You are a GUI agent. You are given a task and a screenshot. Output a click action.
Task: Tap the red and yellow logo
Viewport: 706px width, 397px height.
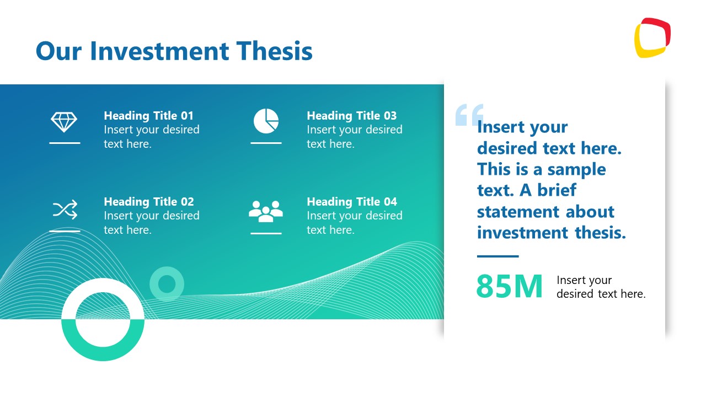click(652, 38)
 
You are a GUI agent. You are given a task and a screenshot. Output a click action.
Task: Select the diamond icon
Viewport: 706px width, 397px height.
click(65, 122)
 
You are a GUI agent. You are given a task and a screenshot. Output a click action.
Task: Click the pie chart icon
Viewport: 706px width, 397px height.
click(266, 121)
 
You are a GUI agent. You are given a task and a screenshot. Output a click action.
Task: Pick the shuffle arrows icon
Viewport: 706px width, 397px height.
click(65, 210)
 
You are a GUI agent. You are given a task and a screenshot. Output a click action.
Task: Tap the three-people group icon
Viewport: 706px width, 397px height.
click(266, 211)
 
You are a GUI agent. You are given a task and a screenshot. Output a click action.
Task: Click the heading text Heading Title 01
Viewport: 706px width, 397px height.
click(148, 116)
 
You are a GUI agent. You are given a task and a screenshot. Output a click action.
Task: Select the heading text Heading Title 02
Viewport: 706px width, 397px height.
click(148, 202)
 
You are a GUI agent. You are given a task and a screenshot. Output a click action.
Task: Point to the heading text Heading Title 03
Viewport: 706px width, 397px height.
click(351, 116)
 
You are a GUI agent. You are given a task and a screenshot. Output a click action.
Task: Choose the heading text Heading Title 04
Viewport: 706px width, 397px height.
click(351, 202)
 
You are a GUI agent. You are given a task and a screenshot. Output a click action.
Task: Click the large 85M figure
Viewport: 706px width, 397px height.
click(509, 286)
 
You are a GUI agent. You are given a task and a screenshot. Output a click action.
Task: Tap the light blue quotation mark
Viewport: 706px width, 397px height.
click(469, 115)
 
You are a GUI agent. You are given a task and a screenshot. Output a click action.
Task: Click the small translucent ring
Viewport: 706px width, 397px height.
click(167, 284)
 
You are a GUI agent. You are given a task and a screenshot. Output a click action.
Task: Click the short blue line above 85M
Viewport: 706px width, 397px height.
click(498, 256)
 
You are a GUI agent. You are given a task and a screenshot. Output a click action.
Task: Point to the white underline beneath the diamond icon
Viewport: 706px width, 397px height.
click(65, 143)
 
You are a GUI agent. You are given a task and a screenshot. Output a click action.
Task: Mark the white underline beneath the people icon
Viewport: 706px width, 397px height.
click(266, 233)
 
